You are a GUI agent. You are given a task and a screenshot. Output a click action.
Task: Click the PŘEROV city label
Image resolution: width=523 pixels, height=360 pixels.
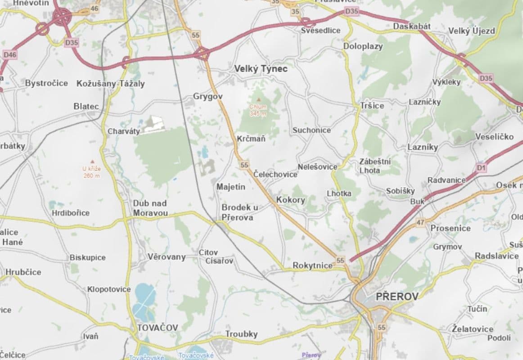[x=397, y=296]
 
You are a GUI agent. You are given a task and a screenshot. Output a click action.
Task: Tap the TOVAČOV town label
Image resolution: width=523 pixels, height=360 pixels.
[x=157, y=327]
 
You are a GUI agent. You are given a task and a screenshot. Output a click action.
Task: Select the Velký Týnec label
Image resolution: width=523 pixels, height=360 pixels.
[x=261, y=69]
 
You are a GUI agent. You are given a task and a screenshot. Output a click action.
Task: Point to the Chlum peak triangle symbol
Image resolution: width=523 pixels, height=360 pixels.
[x=258, y=99]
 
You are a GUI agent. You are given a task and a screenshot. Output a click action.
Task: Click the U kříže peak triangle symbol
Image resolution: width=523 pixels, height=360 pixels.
[x=92, y=161]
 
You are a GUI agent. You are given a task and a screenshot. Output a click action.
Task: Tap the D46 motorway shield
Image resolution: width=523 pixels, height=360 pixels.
[x=9, y=55]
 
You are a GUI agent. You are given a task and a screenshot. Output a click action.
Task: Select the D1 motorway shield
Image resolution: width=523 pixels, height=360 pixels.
[x=482, y=168]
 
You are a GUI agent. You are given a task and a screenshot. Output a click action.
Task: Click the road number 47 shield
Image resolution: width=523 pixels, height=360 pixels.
[x=420, y=222]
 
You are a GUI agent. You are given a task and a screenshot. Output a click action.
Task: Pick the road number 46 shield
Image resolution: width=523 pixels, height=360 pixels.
[x=94, y=9]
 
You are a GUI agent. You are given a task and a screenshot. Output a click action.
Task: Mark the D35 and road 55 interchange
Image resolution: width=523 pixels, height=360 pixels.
[x=202, y=54]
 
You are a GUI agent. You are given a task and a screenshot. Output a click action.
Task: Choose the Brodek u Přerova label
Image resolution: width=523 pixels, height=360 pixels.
[x=240, y=212]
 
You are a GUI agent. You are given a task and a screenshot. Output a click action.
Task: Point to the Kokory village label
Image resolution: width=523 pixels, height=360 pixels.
[x=290, y=200]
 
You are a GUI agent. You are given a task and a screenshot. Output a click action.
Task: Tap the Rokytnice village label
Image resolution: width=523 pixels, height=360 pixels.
[x=312, y=265]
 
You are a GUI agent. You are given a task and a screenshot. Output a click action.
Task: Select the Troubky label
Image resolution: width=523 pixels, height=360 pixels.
[x=241, y=334]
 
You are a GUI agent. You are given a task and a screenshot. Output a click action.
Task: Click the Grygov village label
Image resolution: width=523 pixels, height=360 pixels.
[x=207, y=96]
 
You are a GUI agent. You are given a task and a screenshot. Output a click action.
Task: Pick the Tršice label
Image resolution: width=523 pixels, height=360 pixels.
[x=372, y=105]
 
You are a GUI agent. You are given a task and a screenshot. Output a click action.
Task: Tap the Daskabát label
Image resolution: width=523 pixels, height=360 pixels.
[x=411, y=27]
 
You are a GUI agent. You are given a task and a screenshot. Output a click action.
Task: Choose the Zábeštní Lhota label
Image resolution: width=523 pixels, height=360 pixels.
[x=375, y=166]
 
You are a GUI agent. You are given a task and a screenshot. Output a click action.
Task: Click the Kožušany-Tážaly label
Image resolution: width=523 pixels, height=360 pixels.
[x=111, y=84]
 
